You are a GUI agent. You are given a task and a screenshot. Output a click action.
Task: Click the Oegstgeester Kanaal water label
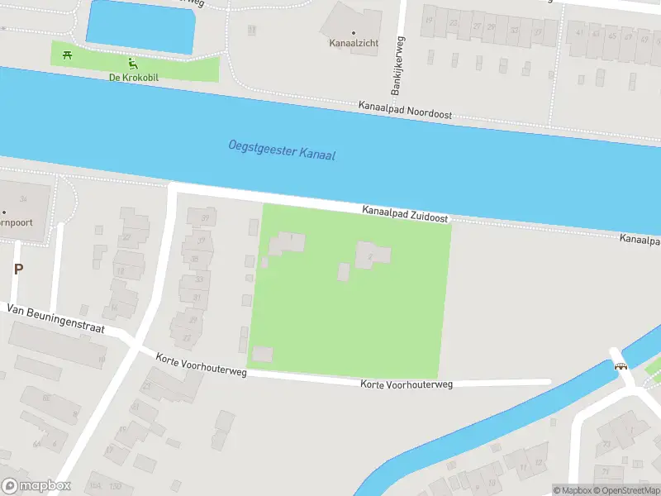(x=282, y=150)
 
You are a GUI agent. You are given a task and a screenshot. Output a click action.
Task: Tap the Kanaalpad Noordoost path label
(x=405, y=111)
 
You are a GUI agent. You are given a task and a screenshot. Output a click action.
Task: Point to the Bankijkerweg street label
(x=396, y=67)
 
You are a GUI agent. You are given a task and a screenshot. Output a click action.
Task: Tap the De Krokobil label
(x=133, y=78)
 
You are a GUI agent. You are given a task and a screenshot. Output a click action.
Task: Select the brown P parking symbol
(x=17, y=269)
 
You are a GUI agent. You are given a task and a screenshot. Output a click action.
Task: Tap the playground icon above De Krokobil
(x=132, y=63)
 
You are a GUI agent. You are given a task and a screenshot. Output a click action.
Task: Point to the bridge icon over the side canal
(x=620, y=365)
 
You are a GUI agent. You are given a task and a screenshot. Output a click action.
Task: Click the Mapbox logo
(x=36, y=486)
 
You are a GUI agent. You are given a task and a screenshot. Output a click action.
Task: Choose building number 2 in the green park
(x=372, y=255)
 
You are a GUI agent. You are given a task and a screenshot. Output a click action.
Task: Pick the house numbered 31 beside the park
(x=196, y=297)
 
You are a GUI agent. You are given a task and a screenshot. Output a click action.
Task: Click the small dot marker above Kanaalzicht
(x=354, y=11)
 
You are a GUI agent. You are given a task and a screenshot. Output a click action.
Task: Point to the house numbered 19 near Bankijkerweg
(x=429, y=20)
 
